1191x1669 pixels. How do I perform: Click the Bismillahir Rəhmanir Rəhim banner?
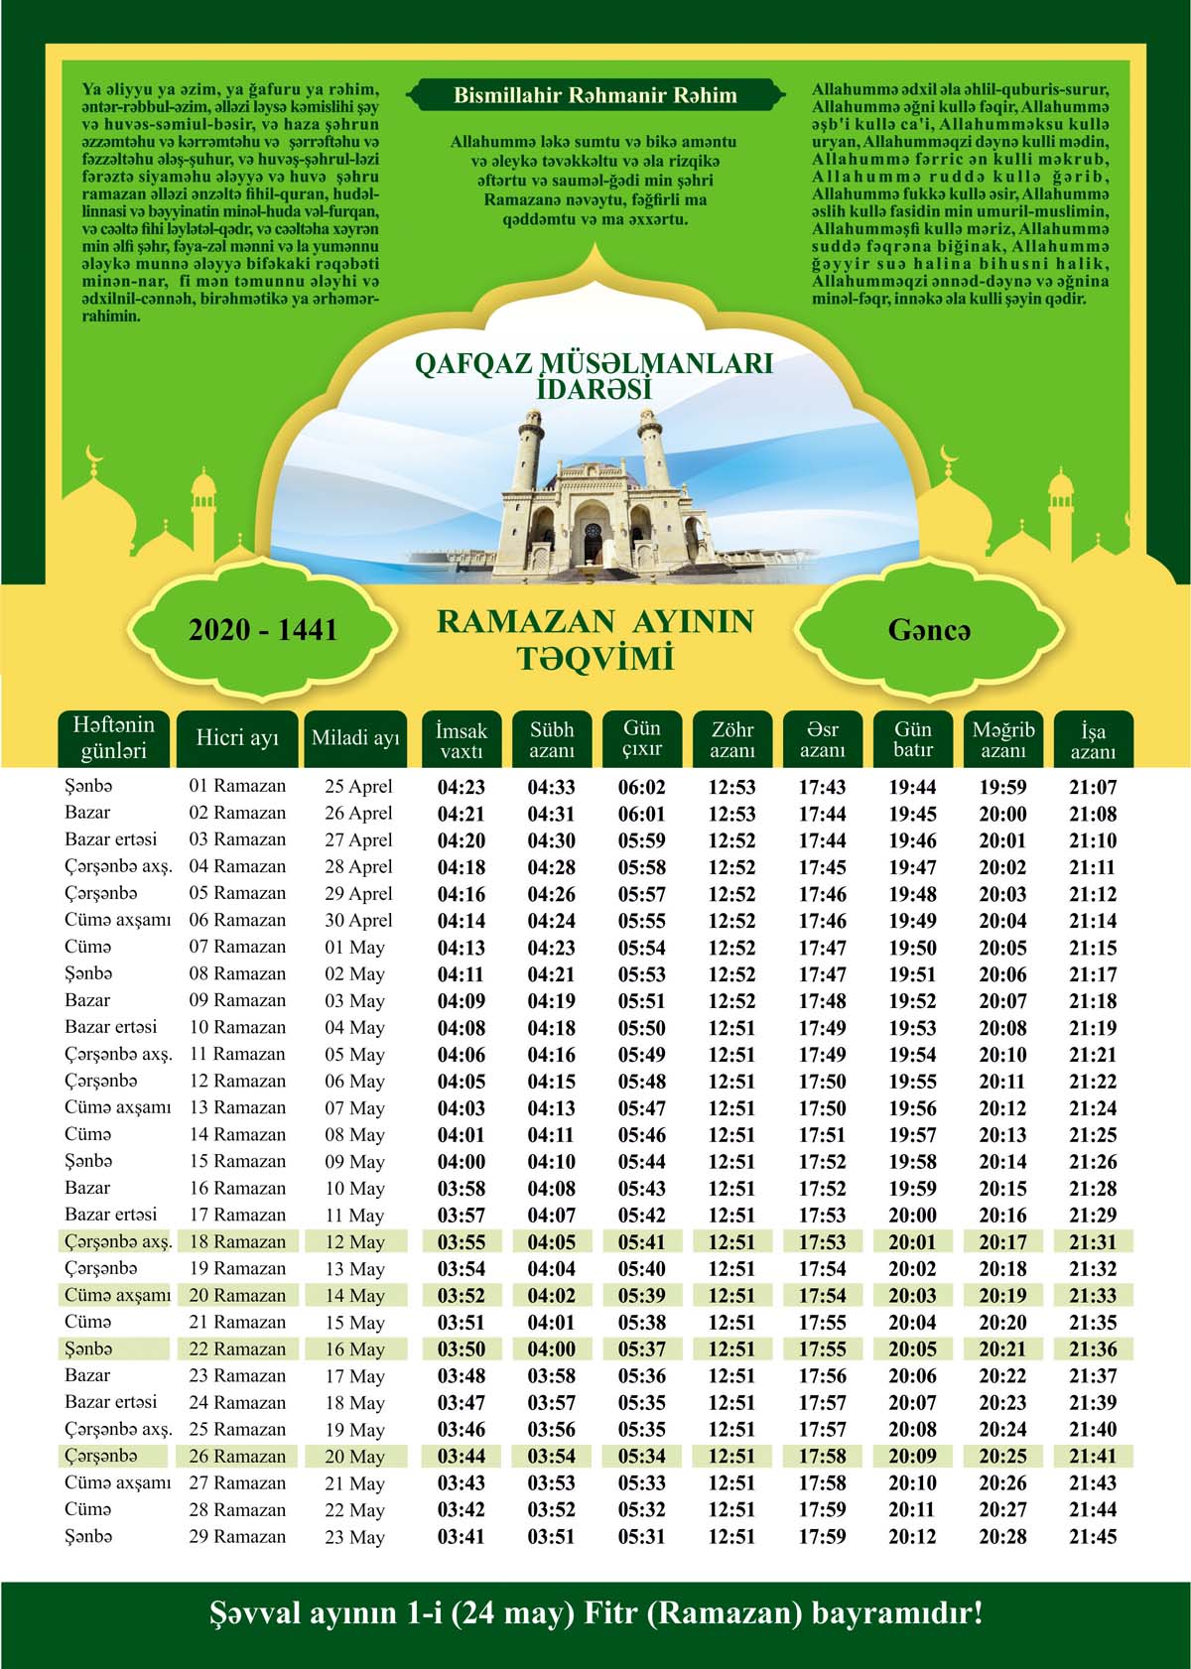tap(595, 96)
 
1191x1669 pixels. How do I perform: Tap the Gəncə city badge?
tap(929, 630)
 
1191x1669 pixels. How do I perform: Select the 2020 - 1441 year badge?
tap(263, 630)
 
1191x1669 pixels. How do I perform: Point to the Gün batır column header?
tap(912, 739)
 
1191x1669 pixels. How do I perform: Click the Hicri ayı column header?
tap(237, 738)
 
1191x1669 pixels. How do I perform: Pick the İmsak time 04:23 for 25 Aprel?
tap(462, 787)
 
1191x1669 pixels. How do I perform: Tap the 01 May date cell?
tap(354, 948)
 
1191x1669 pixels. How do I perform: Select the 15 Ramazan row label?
tap(237, 1161)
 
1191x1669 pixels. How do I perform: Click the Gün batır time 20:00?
tap(912, 1215)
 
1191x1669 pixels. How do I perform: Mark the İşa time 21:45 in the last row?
tap(1093, 1536)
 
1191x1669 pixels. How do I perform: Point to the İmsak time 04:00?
tap(462, 1162)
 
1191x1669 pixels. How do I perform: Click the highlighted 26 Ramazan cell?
tap(237, 1456)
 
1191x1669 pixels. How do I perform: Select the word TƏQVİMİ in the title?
tap(595, 658)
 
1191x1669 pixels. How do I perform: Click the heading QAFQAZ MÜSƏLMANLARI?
tap(594, 364)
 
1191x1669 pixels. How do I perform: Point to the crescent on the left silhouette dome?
tap(95, 455)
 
